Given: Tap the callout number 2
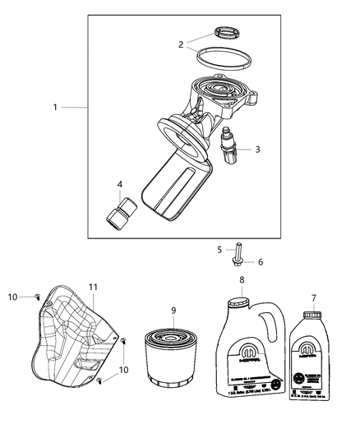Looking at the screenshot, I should [182, 45].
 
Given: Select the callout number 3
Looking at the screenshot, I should [257, 149].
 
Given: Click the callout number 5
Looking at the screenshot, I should [219, 249].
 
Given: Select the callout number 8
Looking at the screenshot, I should [242, 280].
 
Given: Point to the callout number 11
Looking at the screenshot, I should [94, 286].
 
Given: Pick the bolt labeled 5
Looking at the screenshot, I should [236, 254].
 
